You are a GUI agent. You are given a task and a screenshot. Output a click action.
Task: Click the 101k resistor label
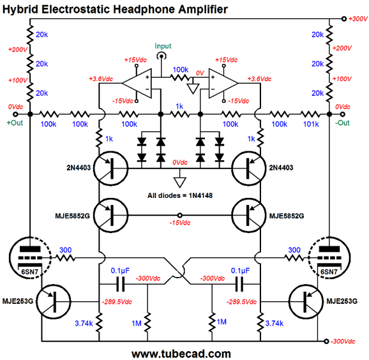pos(311,124)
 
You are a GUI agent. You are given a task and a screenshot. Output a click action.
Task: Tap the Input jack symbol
pos(162,56)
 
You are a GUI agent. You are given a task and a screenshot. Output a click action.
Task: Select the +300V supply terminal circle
pos(344,19)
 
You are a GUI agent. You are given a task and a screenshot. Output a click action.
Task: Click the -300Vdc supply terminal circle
pos(326,341)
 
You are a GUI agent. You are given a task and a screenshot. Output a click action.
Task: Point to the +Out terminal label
pos(15,123)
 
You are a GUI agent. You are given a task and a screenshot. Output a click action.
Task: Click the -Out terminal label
pos(342,123)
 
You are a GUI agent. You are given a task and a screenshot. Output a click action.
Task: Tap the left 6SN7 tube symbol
pos(30,258)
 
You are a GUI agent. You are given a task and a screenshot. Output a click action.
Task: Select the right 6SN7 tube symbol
pos(329,258)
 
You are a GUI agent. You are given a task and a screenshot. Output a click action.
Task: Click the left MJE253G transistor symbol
pos(54,302)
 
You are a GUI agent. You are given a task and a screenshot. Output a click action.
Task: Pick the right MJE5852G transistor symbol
pos(249,215)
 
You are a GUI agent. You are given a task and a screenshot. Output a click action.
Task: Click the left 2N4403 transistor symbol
pos(111,169)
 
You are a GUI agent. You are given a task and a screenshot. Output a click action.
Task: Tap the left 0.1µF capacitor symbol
pos(121,284)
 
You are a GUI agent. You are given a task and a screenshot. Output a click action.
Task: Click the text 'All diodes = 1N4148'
pos(180,195)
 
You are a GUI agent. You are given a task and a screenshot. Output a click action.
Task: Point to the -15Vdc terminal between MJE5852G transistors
pos(180,215)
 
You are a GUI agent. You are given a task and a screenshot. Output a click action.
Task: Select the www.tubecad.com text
pos(181,354)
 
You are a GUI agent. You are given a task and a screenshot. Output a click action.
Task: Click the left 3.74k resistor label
pos(84,323)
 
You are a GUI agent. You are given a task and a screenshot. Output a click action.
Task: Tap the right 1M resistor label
pos(222,322)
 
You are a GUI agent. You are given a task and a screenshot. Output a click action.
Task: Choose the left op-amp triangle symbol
pos(137,83)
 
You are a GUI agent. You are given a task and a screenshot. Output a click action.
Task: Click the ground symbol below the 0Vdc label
pos(180,183)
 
